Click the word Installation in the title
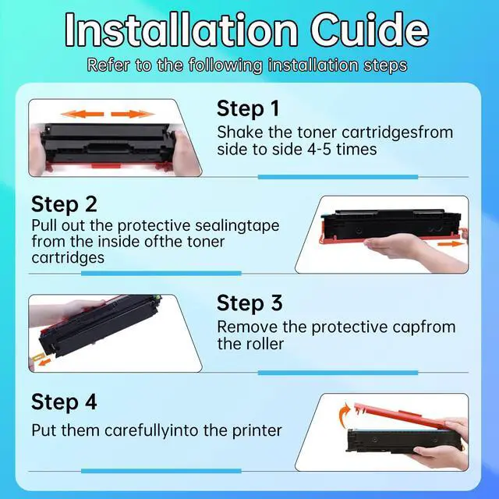182,30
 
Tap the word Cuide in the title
370,30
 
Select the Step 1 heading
248,108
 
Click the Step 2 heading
64,204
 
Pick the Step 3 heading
249,303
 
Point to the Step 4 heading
64,402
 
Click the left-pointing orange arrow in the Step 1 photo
83,114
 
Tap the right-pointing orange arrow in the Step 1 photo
133,114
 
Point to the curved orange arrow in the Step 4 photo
345,414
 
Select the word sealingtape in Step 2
237,226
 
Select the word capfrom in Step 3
424,327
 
